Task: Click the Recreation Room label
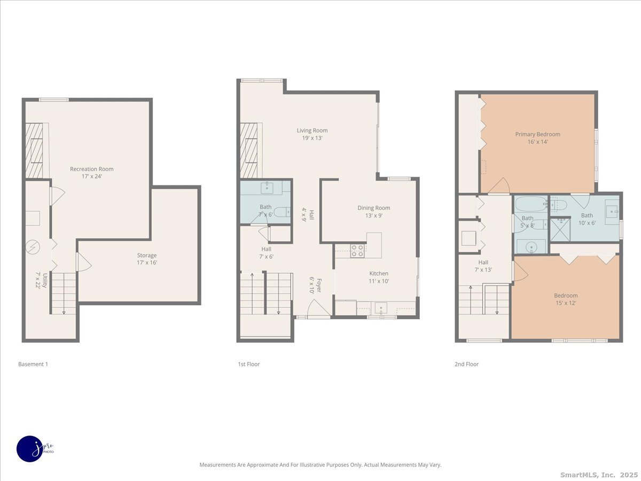[x=92, y=172]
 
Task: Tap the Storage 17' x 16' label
[x=146, y=259]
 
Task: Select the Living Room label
[x=312, y=134]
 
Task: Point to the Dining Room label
[x=374, y=211]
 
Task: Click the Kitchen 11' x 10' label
[x=379, y=277]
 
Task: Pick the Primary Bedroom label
[x=537, y=137]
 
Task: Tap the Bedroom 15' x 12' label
[x=565, y=299]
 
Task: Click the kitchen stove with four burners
[x=357, y=251]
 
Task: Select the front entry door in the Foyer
[x=319, y=309]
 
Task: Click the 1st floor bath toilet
[x=282, y=212]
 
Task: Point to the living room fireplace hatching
[x=248, y=150]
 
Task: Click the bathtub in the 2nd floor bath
[x=530, y=203]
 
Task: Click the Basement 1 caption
[x=33, y=364]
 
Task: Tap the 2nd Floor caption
[x=466, y=364]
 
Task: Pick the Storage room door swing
[x=84, y=262]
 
